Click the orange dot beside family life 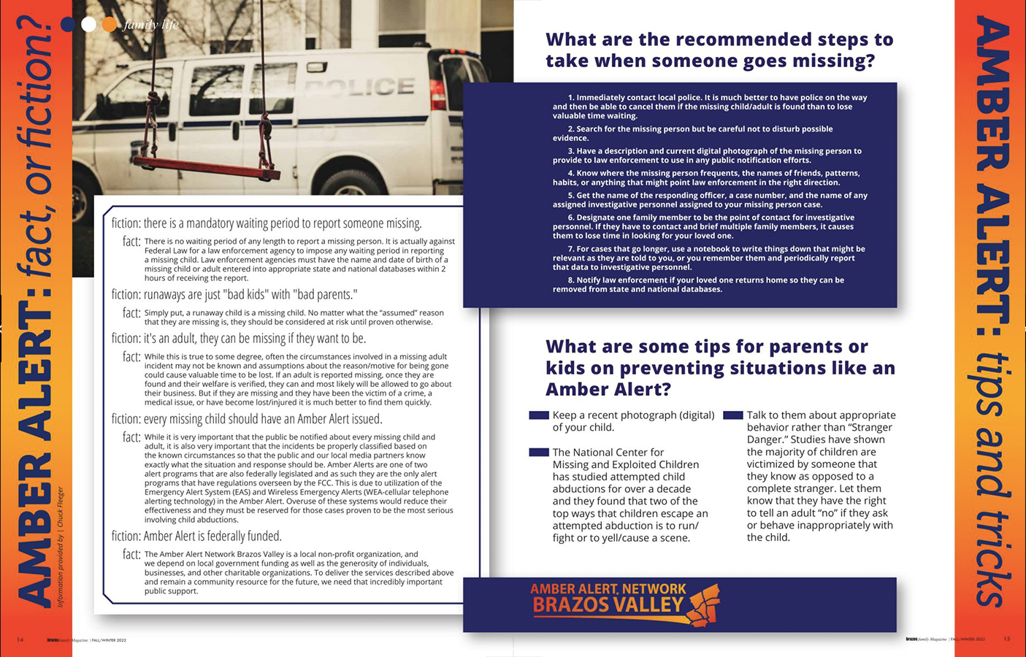(x=110, y=25)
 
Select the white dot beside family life (x=88, y=25)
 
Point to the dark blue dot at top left (x=68, y=25)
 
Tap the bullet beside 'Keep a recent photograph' (x=539, y=415)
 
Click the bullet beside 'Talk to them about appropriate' (x=733, y=415)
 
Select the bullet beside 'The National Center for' (x=539, y=453)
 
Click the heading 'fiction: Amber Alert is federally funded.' (x=196, y=536)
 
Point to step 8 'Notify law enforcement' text (x=698, y=285)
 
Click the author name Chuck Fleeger (x=61, y=507)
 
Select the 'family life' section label (x=150, y=25)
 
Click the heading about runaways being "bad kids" (x=234, y=294)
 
